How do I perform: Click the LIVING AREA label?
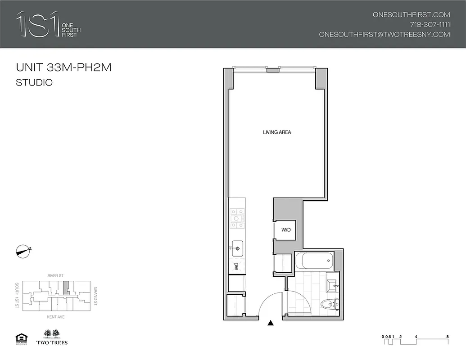click(277, 132)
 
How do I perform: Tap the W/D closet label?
click(286, 230)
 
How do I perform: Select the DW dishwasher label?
click(236, 267)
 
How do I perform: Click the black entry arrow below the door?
click(270, 323)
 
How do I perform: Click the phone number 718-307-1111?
click(430, 24)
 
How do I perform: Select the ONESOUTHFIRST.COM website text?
click(411, 14)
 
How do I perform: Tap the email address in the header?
click(384, 35)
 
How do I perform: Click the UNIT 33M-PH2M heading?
click(63, 68)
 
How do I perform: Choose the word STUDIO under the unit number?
click(34, 83)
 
